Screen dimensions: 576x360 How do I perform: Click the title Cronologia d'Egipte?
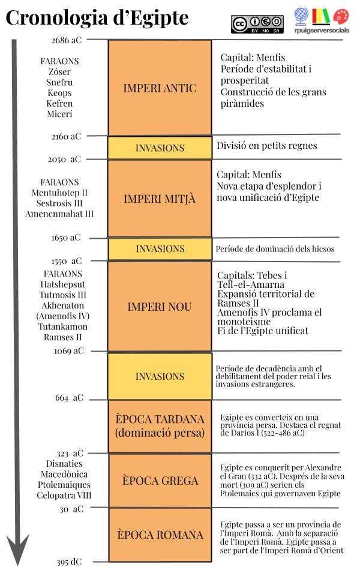click(97, 18)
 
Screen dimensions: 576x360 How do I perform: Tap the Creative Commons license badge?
click(257, 23)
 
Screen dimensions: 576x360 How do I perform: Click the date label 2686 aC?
click(66, 40)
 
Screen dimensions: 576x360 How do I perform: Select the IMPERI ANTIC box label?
click(160, 88)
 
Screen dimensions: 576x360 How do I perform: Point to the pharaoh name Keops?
click(59, 93)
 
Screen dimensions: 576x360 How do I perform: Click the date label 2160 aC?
click(66, 137)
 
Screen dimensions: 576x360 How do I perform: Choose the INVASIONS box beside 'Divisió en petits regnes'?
click(160, 148)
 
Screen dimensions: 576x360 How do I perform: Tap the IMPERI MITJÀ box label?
click(160, 199)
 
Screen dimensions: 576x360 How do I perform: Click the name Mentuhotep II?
click(59, 193)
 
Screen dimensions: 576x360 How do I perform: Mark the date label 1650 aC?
click(66, 238)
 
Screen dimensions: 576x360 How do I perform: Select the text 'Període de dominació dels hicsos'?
click(275, 248)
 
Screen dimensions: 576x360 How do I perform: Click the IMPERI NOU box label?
click(160, 307)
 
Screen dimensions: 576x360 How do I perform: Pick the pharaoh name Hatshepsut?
click(63, 284)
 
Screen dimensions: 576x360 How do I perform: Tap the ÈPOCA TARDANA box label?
click(160, 425)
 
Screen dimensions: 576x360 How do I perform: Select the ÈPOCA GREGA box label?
click(160, 481)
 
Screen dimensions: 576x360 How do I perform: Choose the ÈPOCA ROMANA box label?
click(160, 535)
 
